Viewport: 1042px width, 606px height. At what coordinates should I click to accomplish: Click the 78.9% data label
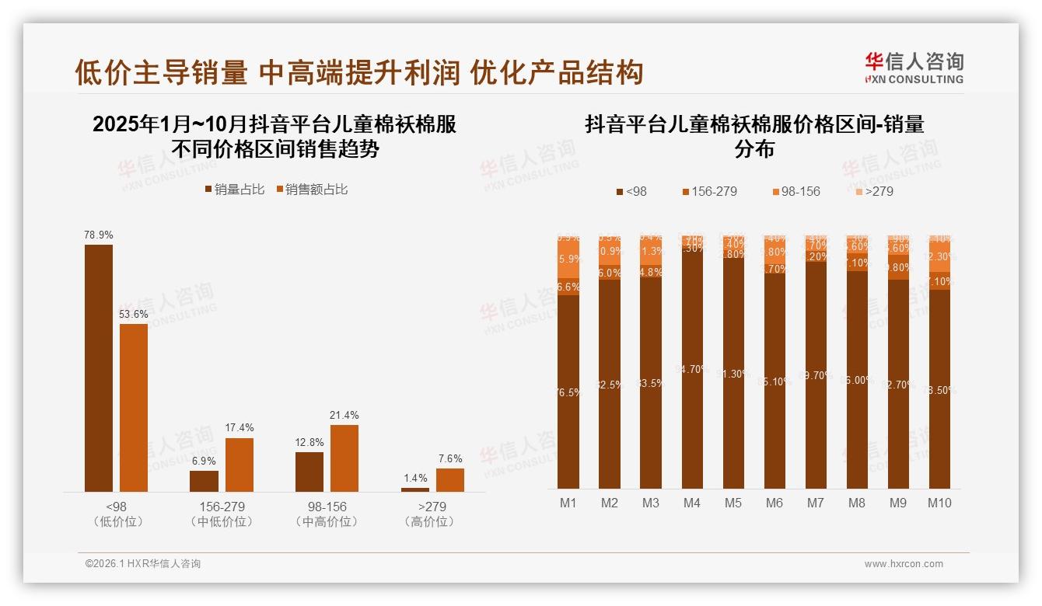pyautogui.click(x=99, y=235)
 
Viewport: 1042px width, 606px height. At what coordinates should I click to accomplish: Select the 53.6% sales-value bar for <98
pyautogui.click(x=134, y=407)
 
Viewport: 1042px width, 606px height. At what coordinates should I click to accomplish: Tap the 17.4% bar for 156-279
pyautogui.click(x=240, y=465)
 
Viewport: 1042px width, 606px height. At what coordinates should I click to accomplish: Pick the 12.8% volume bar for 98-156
pyautogui.click(x=309, y=472)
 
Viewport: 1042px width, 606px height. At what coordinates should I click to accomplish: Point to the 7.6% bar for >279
pyautogui.click(x=450, y=479)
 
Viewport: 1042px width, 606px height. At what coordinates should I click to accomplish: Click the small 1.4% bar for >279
pyautogui.click(x=415, y=489)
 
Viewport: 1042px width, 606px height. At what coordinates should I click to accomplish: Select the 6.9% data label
pyautogui.click(x=205, y=461)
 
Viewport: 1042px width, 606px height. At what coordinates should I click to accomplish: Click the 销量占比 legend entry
pyautogui.click(x=234, y=190)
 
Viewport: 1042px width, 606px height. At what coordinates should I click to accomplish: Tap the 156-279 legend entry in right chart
pyautogui.click(x=708, y=191)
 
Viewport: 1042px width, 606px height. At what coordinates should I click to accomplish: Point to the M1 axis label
pyautogui.click(x=568, y=503)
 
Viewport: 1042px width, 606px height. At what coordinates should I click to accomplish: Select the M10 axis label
pyautogui.click(x=939, y=503)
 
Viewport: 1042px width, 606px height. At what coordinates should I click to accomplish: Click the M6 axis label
pyautogui.click(x=774, y=503)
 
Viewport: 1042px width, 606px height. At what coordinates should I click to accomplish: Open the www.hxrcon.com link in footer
pyautogui.click(x=904, y=564)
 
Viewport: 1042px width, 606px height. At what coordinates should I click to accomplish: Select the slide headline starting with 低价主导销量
pyautogui.click(x=359, y=72)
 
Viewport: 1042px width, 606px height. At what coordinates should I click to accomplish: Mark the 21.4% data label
pyautogui.click(x=344, y=415)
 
